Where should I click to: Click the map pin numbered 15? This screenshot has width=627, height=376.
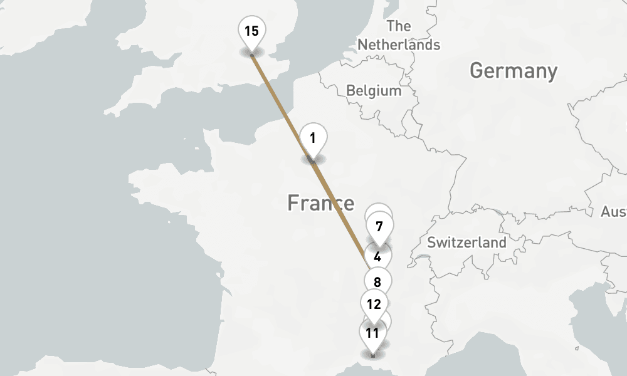(x=251, y=31)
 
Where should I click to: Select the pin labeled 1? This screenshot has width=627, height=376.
(x=313, y=138)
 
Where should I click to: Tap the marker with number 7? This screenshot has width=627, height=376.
(x=379, y=226)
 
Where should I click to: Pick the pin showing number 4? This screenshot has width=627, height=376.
(x=377, y=257)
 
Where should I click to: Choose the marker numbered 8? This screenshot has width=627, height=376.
(x=377, y=282)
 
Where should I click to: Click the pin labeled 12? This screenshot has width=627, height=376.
(x=374, y=305)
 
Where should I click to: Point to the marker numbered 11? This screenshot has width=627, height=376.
(x=372, y=333)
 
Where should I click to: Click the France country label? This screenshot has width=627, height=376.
(x=320, y=203)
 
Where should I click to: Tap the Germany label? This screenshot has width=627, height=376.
(x=513, y=71)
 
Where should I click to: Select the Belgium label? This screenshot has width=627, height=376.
(x=374, y=91)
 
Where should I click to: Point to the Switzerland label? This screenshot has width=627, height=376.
(x=466, y=243)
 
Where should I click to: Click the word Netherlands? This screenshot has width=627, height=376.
(x=399, y=45)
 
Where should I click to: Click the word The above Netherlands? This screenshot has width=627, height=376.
(x=399, y=26)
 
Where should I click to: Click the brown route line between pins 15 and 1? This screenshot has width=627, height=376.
(x=282, y=107)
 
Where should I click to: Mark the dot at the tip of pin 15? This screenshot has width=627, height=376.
(x=252, y=55)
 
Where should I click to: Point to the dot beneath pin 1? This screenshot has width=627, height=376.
(x=313, y=162)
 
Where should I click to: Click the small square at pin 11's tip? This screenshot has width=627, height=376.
(x=372, y=355)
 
